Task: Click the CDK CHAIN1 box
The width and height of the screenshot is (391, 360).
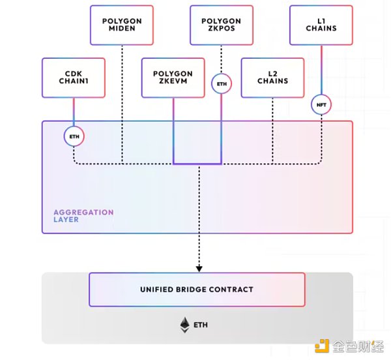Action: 74,78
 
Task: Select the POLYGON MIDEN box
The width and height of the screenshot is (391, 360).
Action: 122,25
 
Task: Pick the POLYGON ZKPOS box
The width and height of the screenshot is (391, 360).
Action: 222,25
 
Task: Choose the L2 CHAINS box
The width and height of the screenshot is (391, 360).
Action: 273,78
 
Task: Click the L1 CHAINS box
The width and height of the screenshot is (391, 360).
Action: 321,25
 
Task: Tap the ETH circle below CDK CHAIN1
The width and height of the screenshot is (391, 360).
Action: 74,136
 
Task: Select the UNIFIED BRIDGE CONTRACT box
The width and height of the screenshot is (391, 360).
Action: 197,290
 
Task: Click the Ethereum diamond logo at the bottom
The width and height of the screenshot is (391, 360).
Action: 185,323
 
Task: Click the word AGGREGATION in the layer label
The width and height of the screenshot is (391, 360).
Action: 83,213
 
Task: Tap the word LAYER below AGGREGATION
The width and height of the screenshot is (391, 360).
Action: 66,220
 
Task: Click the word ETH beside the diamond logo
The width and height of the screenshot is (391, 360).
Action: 201,324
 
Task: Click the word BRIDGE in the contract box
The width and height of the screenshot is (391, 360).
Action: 196,290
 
